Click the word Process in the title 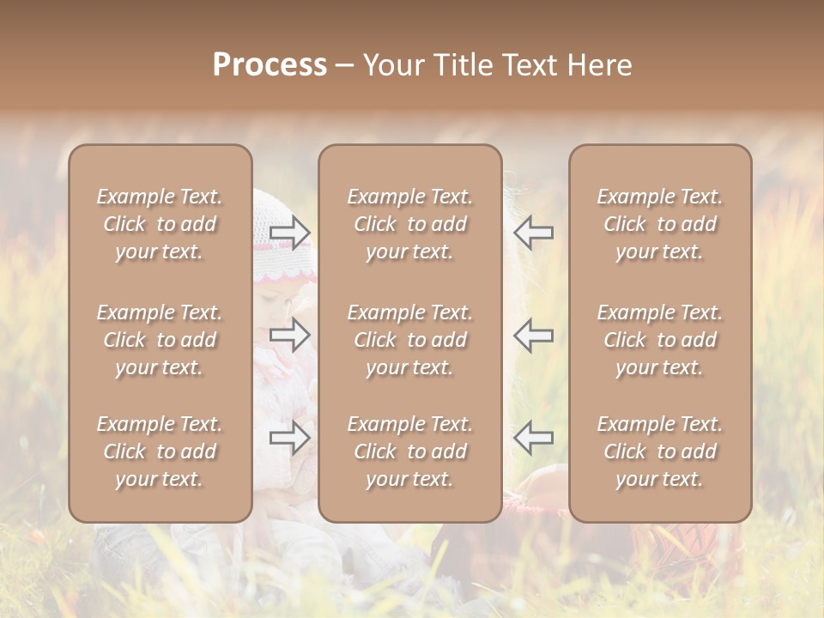click(x=270, y=65)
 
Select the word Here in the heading click(x=597, y=65)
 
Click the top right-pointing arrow click(x=290, y=232)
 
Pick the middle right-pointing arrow click(x=290, y=335)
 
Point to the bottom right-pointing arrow click(x=290, y=438)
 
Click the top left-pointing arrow click(x=533, y=232)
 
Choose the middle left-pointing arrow click(x=533, y=335)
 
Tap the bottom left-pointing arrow click(x=533, y=438)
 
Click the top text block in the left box click(x=160, y=224)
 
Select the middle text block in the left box click(x=160, y=340)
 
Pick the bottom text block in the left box click(x=160, y=451)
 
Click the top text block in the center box click(x=409, y=224)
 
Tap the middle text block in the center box click(x=409, y=340)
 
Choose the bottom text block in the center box click(x=409, y=451)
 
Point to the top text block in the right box click(x=660, y=224)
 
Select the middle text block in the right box click(x=660, y=340)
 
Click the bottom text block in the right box click(x=660, y=451)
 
